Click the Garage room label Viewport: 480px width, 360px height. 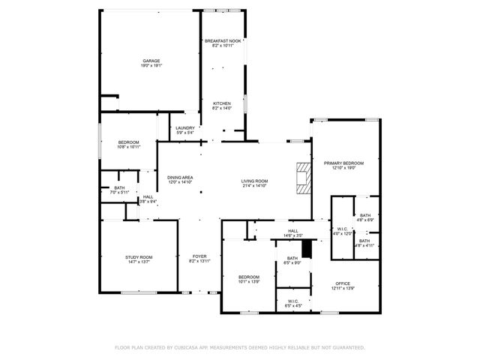tap(151, 63)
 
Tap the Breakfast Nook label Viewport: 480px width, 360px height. tap(223, 43)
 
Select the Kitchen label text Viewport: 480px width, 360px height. tap(222, 106)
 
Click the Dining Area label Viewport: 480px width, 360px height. tap(180, 179)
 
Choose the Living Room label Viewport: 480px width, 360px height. tap(254, 183)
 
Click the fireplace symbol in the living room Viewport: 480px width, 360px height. tap(302, 178)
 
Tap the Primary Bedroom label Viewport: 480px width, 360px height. tap(343, 165)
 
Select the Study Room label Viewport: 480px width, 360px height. tap(139, 259)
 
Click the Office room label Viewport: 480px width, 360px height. tap(343, 286)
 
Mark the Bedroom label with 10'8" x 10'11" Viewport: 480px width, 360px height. tap(129, 144)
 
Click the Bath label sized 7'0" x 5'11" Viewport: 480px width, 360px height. tap(119, 190)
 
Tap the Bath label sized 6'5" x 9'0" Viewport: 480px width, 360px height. tap(292, 260)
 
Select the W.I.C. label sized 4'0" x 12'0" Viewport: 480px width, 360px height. tap(343, 231)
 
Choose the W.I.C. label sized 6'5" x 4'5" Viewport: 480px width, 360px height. tap(292, 303)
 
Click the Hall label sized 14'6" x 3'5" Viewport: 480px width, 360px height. tap(293, 233)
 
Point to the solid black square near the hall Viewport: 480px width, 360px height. tap(305, 247)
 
